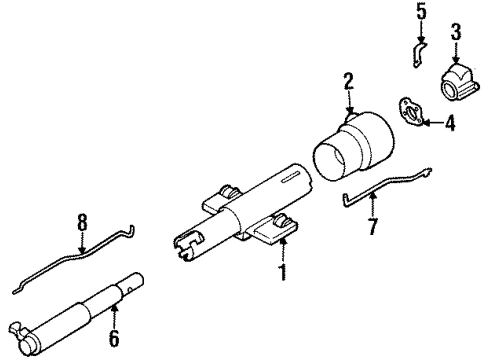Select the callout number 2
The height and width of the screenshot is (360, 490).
349,81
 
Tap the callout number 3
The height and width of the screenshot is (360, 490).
455,38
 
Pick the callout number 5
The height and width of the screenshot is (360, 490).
420,15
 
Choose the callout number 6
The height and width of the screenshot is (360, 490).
112,340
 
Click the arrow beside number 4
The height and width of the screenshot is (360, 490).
428,124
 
